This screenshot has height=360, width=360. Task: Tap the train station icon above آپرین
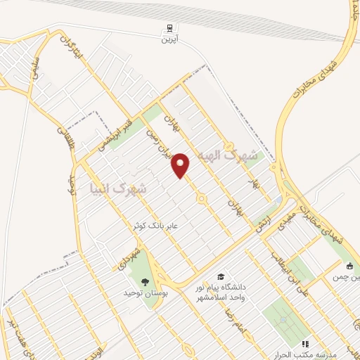[x=168, y=29]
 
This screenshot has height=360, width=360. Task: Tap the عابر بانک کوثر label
[x=157, y=226]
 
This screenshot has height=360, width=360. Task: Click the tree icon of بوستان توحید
[x=145, y=281]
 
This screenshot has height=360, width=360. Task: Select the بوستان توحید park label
[x=145, y=294]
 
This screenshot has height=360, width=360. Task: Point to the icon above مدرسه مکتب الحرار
[x=305, y=344]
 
